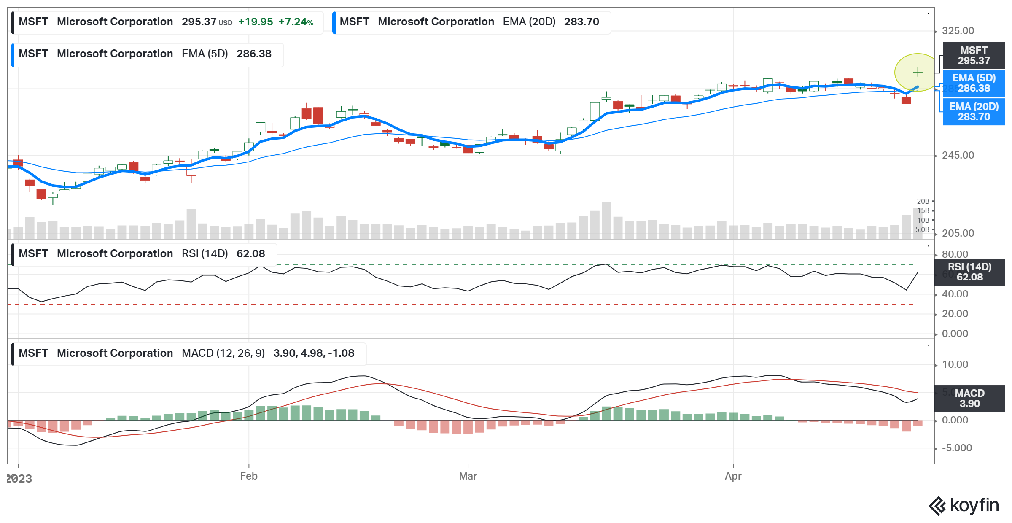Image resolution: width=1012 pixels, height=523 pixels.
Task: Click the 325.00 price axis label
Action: pyautogui.click(x=958, y=31)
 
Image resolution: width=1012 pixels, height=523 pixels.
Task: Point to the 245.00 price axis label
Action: pyautogui.click(x=958, y=155)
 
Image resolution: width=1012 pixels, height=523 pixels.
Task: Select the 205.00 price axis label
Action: pyautogui.click(x=958, y=233)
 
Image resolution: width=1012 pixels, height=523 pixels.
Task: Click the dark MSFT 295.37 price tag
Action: pyautogui.click(x=973, y=56)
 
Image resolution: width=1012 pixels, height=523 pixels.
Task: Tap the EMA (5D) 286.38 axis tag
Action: pyautogui.click(x=973, y=83)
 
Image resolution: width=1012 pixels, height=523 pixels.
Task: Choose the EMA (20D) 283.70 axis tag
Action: pyautogui.click(x=973, y=112)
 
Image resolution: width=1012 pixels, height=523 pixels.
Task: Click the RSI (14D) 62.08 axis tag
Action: pyautogui.click(x=969, y=272)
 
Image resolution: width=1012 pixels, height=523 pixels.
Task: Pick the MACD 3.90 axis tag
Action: pyautogui.click(x=969, y=399)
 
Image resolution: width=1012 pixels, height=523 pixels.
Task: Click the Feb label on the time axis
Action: pyautogui.click(x=249, y=476)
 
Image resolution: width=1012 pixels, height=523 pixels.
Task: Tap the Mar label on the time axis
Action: pyautogui.click(x=468, y=476)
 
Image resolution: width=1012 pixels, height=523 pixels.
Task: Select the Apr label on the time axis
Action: pyautogui.click(x=733, y=476)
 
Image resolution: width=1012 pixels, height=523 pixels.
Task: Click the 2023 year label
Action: pyautogui.click(x=19, y=479)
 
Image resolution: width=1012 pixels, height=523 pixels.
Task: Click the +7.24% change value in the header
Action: pyautogui.click(x=296, y=22)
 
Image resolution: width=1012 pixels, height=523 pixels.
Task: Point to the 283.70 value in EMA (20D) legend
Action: pyautogui.click(x=581, y=22)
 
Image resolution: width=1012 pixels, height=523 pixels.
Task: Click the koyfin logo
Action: pyautogui.click(x=964, y=505)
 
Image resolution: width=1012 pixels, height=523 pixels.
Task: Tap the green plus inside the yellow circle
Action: pyautogui.click(x=918, y=73)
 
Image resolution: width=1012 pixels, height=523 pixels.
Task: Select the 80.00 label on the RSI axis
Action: pyautogui.click(x=955, y=254)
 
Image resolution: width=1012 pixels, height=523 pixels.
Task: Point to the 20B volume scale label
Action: pyautogui.click(x=923, y=201)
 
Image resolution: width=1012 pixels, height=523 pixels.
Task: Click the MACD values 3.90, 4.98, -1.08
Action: pyautogui.click(x=314, y=353)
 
